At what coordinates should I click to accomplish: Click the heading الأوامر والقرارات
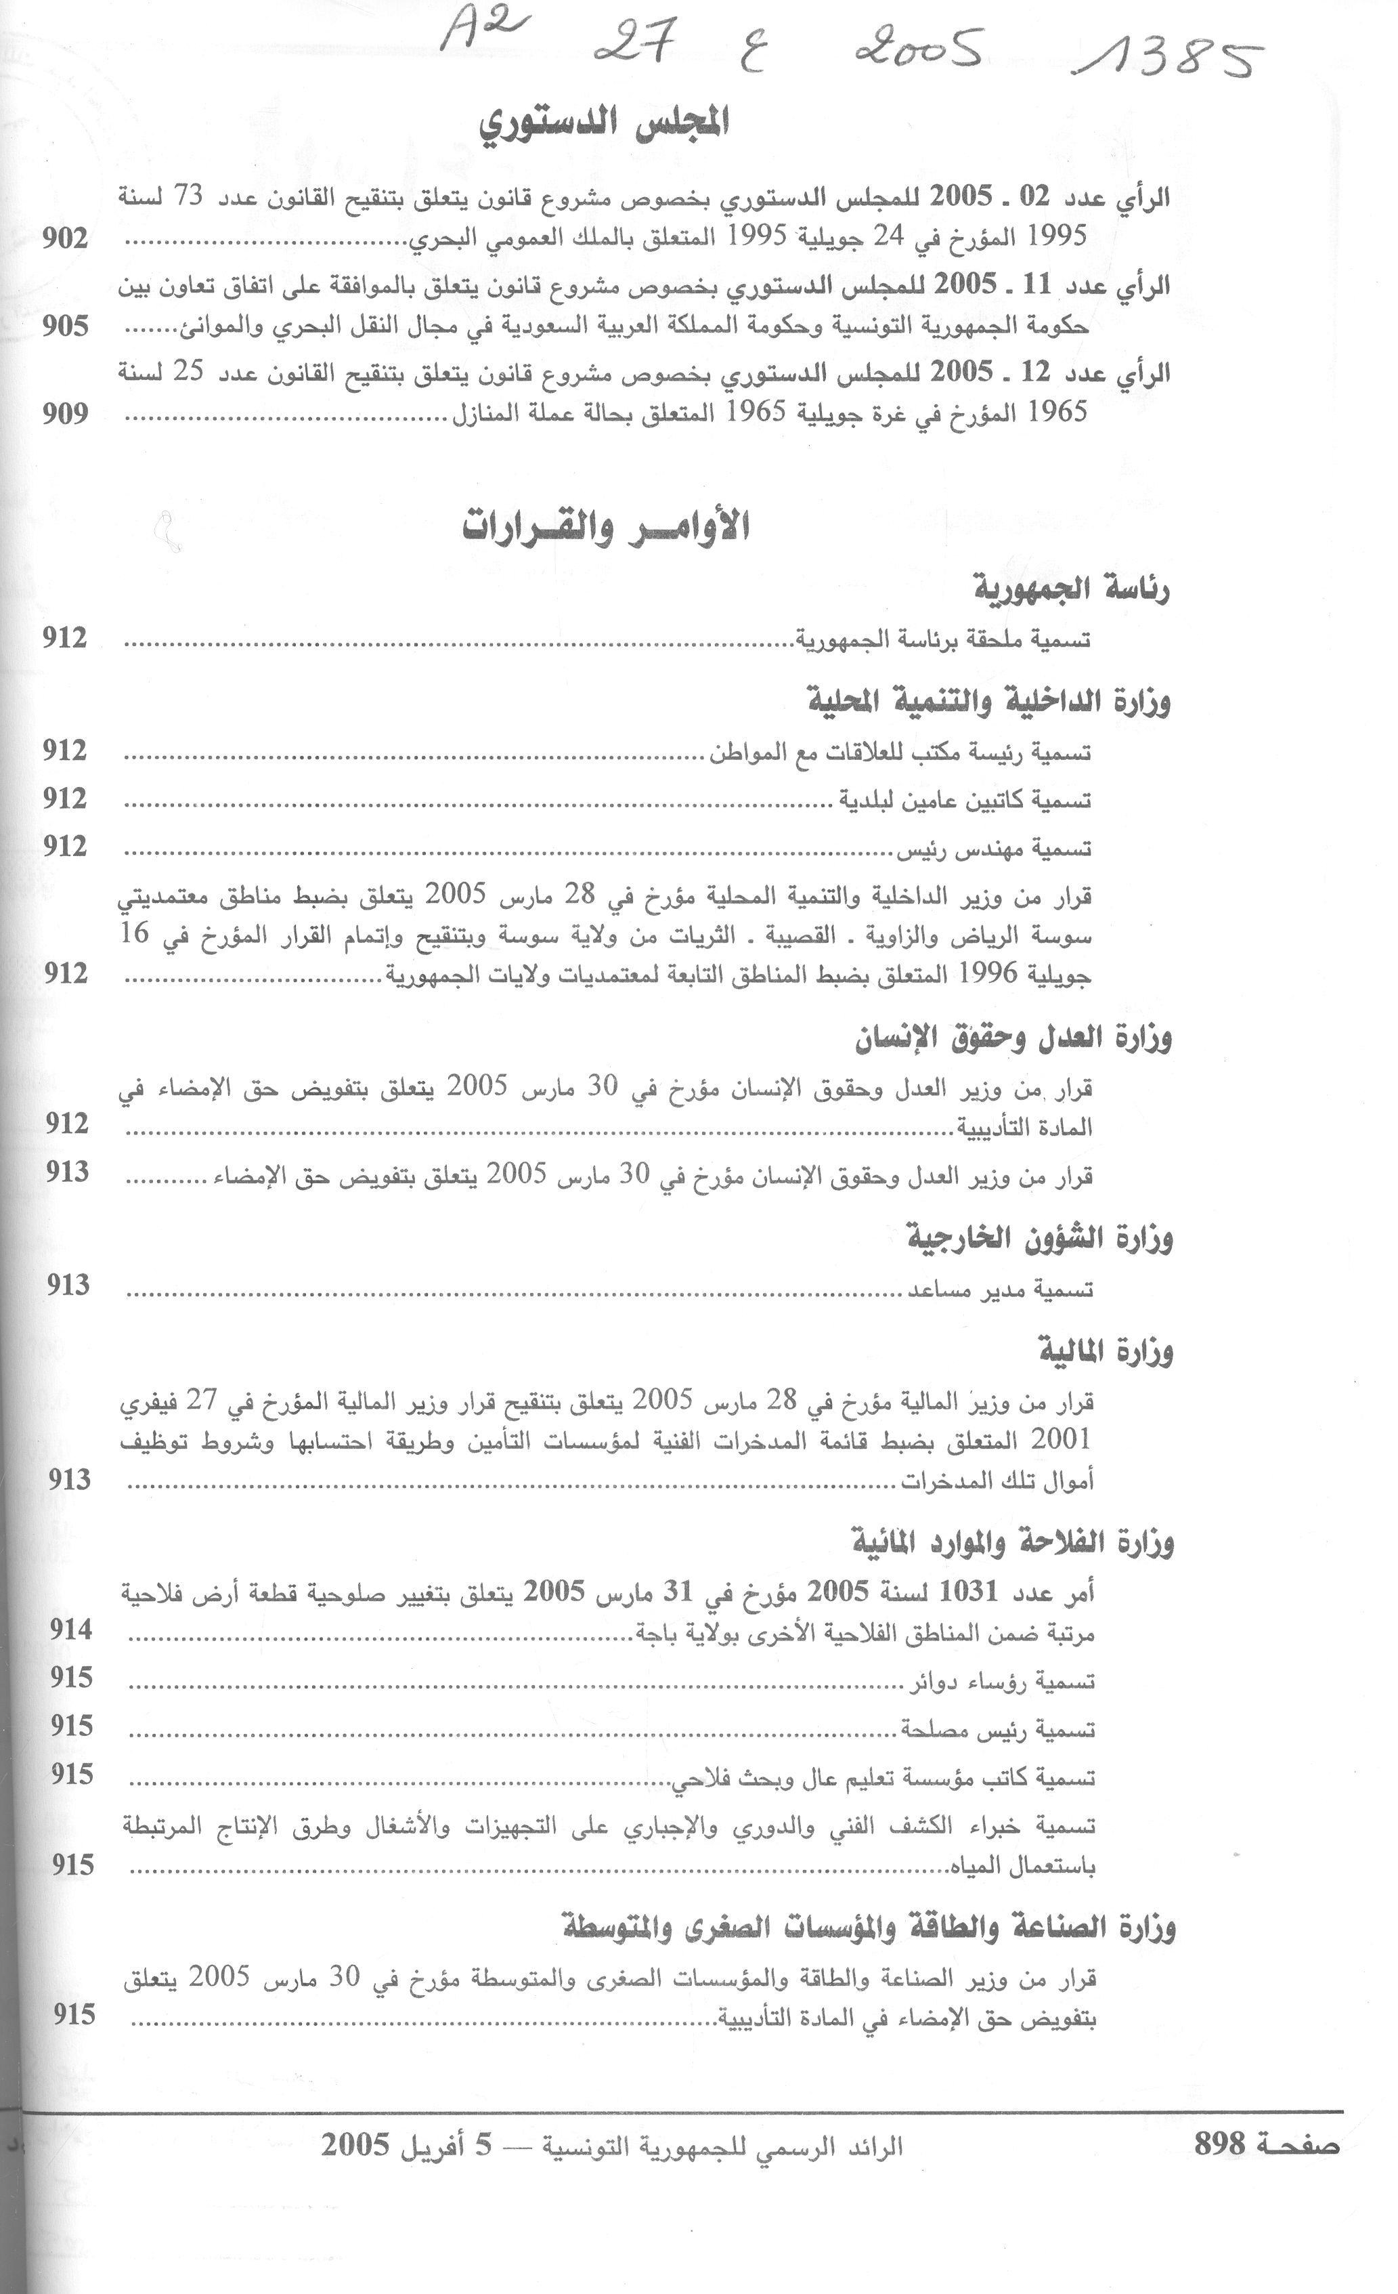point(606,526)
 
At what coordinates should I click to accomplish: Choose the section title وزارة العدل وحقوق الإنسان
point(1013,1039)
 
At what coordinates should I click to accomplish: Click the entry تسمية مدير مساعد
point(1000,1290)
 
